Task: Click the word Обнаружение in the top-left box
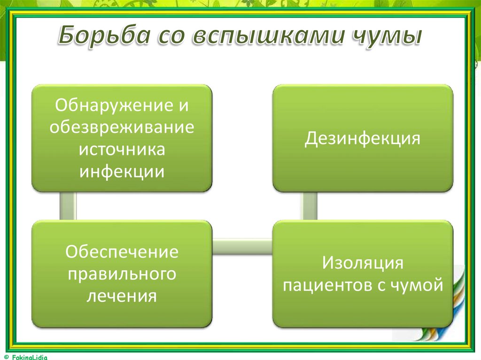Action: [x=110, y=105]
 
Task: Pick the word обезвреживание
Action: [x=122, y=127]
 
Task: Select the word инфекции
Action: [x=122, y=171]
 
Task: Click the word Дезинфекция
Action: [x=362, y=139]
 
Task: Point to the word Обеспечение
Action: [x=122, y=252]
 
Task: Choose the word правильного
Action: [x=122, y=274]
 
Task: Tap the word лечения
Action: [x=122, y=296]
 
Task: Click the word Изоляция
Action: [x=362, y=263]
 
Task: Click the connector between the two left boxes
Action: [x=68, y=206]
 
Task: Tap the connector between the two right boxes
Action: [x=309, y=206]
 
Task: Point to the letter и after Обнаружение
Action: [x=183, y=106]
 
